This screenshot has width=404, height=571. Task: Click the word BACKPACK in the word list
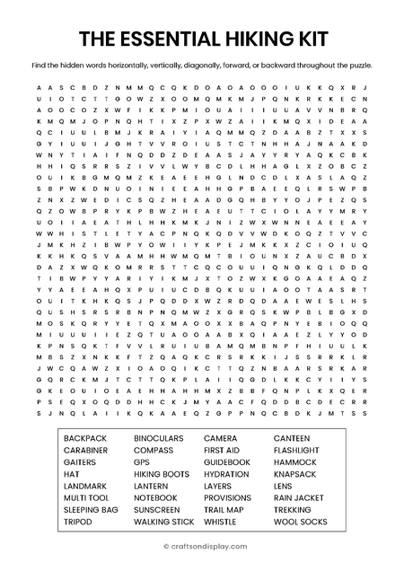[84, 438]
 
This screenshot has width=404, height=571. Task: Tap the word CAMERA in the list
[220, 438]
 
